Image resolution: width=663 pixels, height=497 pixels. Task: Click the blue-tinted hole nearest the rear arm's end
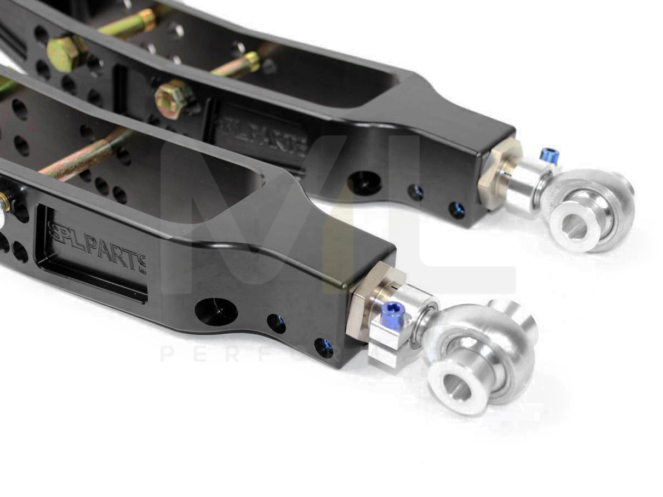pyautogui.click(x=456, y=210)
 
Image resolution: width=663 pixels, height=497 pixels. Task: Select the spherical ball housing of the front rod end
pyautogui.click(x=482, y=351)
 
